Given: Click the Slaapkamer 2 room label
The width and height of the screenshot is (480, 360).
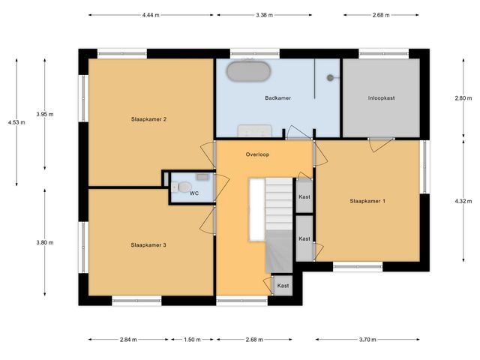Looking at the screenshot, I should click(x=148, y=119).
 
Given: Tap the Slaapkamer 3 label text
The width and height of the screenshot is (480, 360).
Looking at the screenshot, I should click(x=148, y=244).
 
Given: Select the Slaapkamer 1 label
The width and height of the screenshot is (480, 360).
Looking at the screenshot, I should click(x=367, y=200).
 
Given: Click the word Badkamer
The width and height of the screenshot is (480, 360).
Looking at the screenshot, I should click(x=277, y=98).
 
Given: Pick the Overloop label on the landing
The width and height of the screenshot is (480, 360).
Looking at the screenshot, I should click(x=257, y=154).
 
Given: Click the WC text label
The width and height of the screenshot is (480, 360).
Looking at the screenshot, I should click(x=193, y=193).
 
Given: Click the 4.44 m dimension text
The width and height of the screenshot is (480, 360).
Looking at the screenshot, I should click(x=151, y=14).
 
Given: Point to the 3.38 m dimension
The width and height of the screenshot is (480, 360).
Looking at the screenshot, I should click(x=263, y=14).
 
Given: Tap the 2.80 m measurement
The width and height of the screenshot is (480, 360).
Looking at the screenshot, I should click(x=463, y=98).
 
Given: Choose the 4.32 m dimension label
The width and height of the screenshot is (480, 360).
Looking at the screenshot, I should click(x=463, y=201).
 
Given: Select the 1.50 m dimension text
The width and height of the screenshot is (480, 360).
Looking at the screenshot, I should click(x=192, y=340).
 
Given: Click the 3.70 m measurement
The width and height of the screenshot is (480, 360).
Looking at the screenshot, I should click(x=367, y=340).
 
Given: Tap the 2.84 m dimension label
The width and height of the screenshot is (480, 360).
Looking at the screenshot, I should click(x=128, y=340).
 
